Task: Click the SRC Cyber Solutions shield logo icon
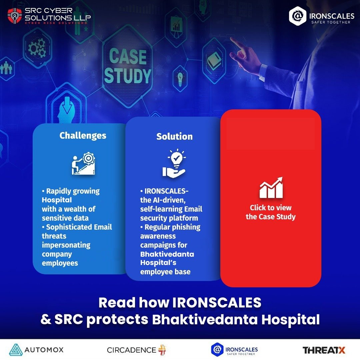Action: (x=14, y=16)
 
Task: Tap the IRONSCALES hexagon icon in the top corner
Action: (x=297, y=15)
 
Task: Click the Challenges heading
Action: (x=83, y=135)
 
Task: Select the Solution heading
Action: (x=174, y=136)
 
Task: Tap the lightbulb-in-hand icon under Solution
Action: (x=174, y=163)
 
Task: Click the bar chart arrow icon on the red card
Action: (x=271, y=188)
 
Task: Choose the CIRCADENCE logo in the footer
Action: (x=136, y=350)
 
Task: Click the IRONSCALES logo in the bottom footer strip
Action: (x=234, y=350)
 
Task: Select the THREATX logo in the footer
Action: (x=324, y=350)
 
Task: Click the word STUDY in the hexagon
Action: (x=127, y=76)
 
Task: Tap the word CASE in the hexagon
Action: (x=128, y=57)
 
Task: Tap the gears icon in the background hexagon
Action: (x=37, y=48)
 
